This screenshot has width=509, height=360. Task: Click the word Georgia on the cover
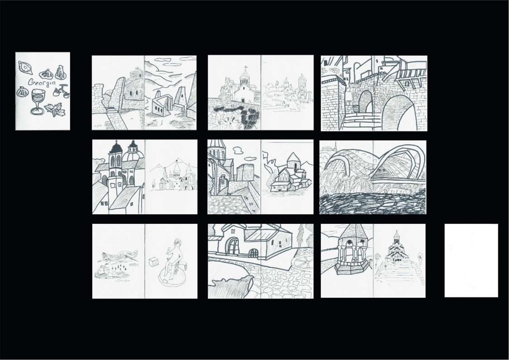(x=41, y=82)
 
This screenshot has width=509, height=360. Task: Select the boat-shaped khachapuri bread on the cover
(x=25, y=67)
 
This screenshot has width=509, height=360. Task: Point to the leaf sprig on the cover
(x=54, y=110)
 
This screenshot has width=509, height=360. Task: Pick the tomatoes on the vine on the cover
(x=62, y=91)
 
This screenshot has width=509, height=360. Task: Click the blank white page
(x=471, y=261)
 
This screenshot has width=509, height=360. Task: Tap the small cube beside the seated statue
(x=153, y=262)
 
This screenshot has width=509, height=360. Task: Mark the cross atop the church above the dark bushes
(x=245, y=68)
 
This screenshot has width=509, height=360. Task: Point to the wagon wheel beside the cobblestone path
(x=302, y=259)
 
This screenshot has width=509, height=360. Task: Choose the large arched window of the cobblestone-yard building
(x=232, y=245)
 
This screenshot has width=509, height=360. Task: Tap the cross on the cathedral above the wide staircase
(x=396, y=232)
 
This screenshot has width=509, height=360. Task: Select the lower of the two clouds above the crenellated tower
(x=249, y=159)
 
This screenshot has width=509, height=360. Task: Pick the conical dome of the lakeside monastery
(x=294, y=158)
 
